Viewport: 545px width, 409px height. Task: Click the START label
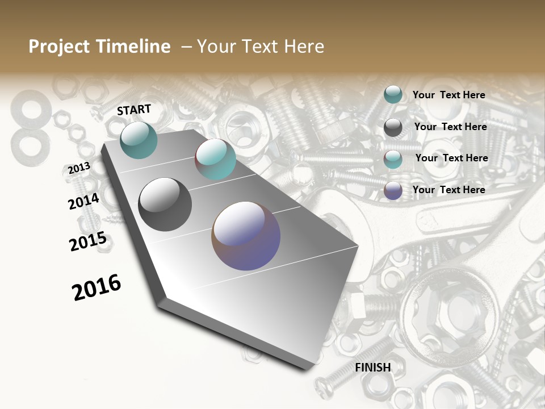pos(134,110)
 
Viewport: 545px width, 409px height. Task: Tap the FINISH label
pos(373,368)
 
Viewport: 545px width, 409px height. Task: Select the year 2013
pos(79,169)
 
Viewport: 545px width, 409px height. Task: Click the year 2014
pos(83,202)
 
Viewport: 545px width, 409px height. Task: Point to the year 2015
pos(88,241)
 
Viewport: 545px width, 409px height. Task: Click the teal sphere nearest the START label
pos(139,140)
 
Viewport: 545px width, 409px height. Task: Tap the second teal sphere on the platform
pos(215,159)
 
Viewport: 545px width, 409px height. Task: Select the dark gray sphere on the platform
pos(165,204)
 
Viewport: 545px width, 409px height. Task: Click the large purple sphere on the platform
pos(246,236)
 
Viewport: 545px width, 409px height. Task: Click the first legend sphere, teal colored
pos(393,95)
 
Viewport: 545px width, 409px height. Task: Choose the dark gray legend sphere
pos(393,127)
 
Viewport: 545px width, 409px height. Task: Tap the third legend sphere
pos(393,159)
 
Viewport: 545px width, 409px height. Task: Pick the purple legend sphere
pos(393,190)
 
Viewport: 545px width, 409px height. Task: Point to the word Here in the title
pos(304,47)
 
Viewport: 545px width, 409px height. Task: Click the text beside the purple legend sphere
pos(448,190)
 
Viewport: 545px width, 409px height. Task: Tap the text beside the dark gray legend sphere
pos(450,127)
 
